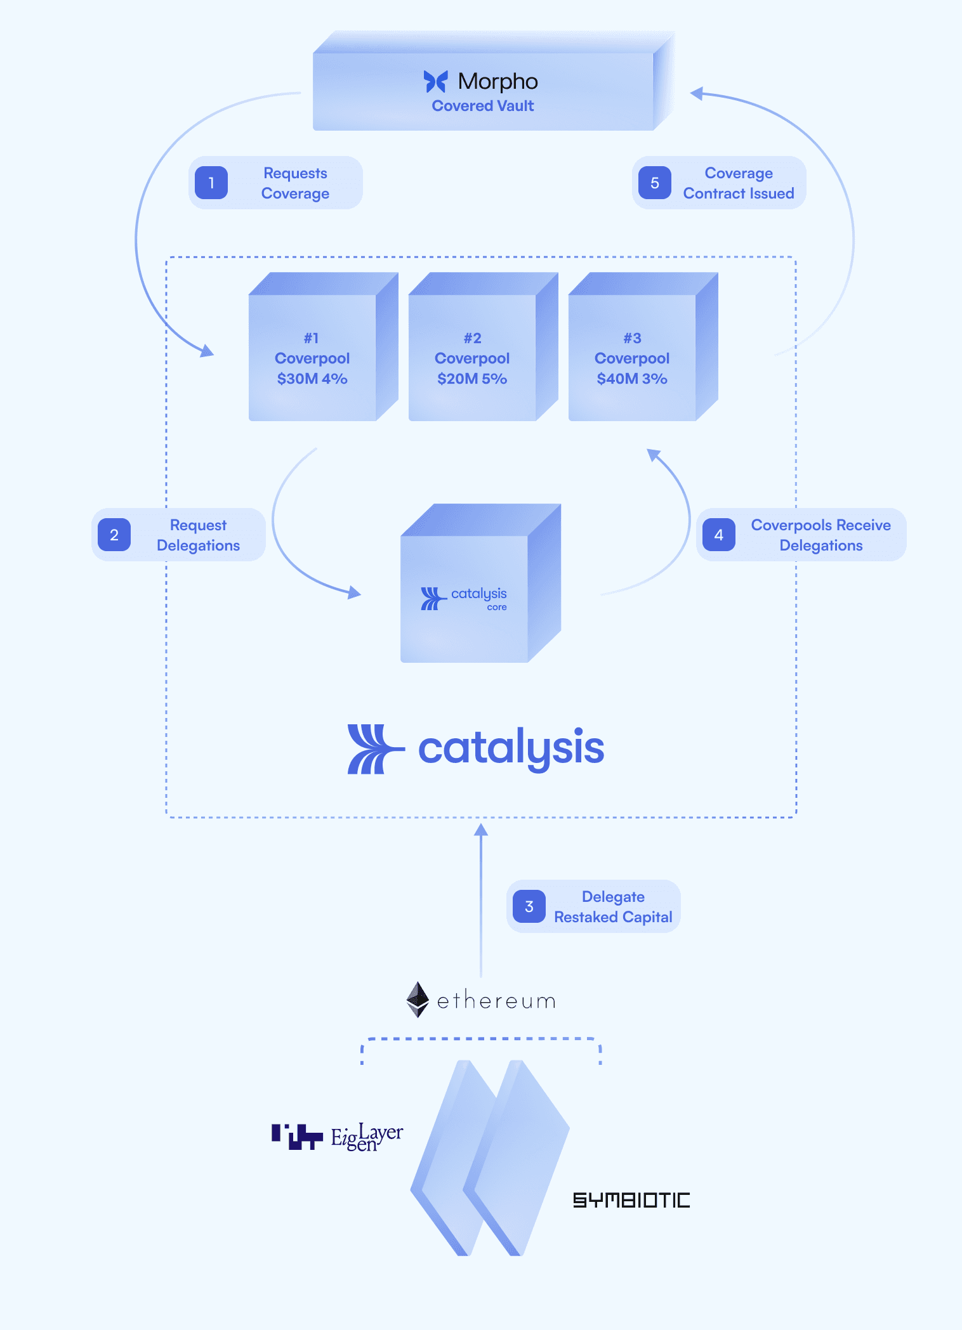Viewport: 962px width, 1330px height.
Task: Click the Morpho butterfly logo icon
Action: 435,81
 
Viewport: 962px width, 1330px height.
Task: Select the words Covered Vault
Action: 483,106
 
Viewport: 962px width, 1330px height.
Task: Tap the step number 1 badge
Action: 211,183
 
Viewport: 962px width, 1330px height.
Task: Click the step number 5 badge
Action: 655,183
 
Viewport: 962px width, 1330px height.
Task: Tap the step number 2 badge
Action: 114,535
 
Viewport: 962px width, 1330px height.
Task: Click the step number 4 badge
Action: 719,535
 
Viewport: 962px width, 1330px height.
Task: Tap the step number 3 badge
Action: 529,906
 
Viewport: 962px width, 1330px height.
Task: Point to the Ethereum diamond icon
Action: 418,1000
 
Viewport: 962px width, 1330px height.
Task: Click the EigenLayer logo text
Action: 366,1137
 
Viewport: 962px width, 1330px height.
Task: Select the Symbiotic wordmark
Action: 631,1200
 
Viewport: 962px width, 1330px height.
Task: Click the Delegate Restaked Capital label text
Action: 613,907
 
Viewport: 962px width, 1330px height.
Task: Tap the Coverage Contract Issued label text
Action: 739,183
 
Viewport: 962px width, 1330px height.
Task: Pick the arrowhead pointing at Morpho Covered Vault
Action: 697,94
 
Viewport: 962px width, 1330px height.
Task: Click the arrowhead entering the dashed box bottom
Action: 481,830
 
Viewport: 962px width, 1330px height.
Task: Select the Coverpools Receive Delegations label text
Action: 820,535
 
